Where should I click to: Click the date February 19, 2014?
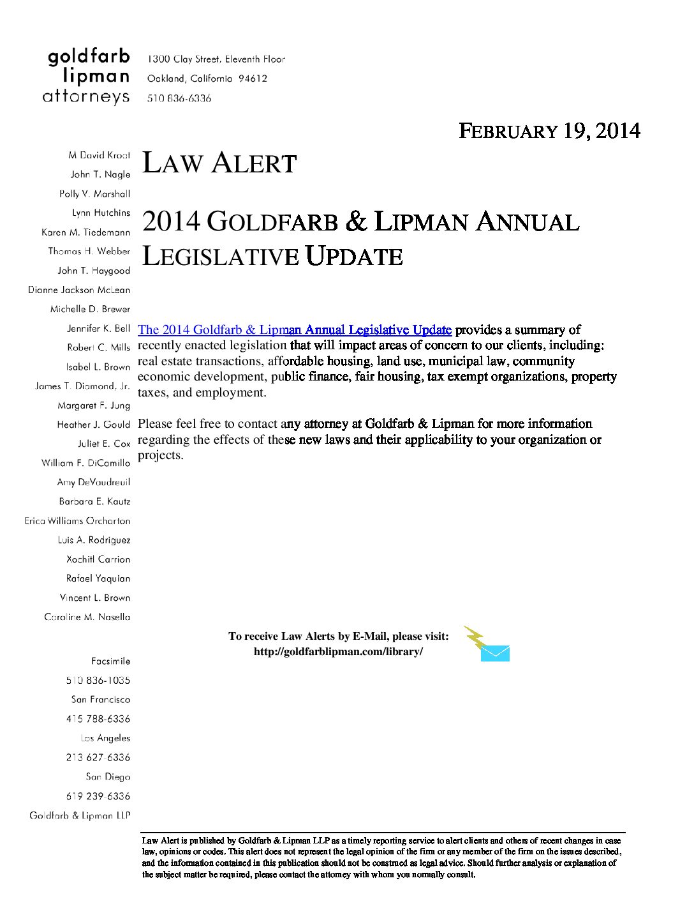tap(549, 131)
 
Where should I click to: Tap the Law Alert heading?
tap(219, 163)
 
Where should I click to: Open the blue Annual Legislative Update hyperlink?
tap(295, 330)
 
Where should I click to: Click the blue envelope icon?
tap(495, 653)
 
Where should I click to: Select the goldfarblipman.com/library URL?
tap(338, 652)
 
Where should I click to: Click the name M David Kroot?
tap(99, 155)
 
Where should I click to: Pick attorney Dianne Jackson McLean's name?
tap(79, 290)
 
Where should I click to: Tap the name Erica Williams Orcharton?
tap(77, 521)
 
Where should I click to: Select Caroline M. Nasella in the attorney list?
tap(87, 617)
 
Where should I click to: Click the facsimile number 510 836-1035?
tap(98, 681)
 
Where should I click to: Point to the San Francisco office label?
tap(100, 700)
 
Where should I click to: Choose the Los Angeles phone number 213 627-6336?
tap(98, 758)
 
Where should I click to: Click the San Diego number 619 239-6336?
tap(98, 796)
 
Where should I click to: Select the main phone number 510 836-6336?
tap(179, 98)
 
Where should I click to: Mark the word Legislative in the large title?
tap(220, 257)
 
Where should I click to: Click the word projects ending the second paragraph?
tap(160, 456)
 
